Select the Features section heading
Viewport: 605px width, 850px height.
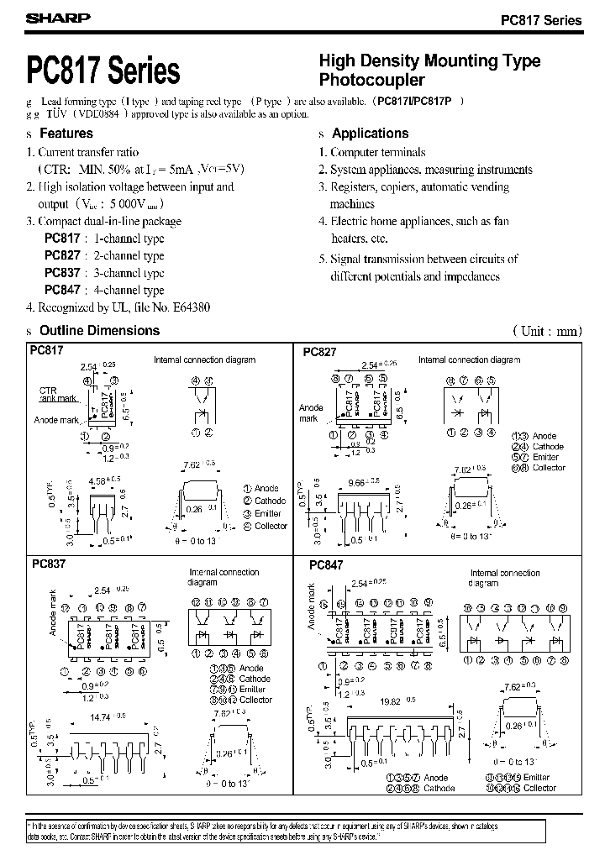pos(66,134)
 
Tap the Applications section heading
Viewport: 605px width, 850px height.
pos(370,134)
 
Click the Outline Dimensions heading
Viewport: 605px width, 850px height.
pos(99,330)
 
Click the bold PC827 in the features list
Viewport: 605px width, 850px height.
pos(61,255)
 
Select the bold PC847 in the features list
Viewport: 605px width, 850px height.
pos(61,290)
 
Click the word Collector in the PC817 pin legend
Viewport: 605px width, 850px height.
pos(271,526)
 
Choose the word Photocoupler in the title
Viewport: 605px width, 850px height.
pos(371,81)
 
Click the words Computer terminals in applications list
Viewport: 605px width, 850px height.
pos(377,152)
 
